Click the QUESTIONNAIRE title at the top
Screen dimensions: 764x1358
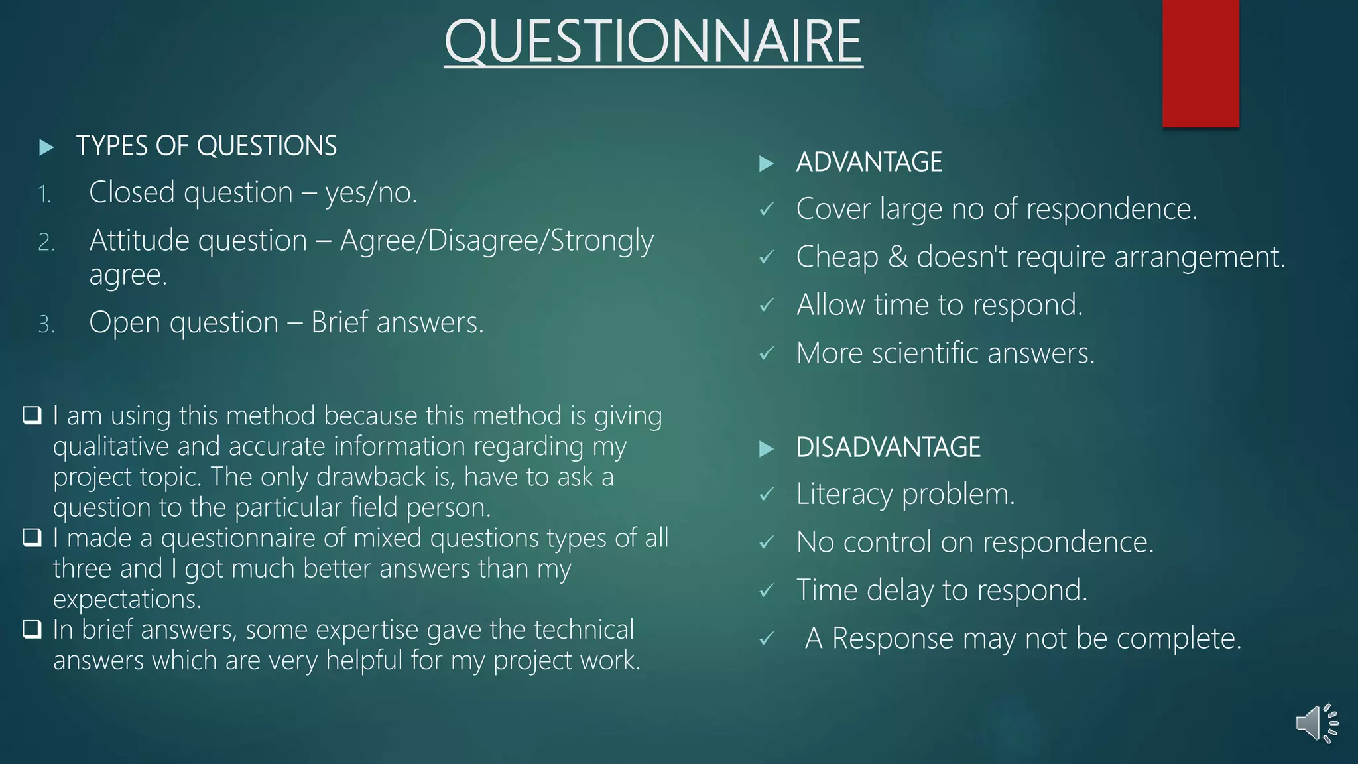click(x=653, y=41)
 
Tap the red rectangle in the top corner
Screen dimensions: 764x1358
click(x=1200, y=63)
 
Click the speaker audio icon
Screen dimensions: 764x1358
click(x=1316, y=723)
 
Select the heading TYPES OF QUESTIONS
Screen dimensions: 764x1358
click(x=206, y=146)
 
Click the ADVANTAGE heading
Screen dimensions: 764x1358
click(x=869, y=162)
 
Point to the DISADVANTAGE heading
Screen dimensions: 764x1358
click(x=888, y=448)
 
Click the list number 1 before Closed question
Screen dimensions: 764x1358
click(x=44, y=195)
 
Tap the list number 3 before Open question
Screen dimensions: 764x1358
click(x=46, y=324)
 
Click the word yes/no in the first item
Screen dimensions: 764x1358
click(x=371, y=193)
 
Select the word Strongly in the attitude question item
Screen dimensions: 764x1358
click(x=602, y=241)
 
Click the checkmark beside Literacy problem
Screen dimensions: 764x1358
click(x=767, y=495)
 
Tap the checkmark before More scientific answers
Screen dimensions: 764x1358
click(x=767, y=353)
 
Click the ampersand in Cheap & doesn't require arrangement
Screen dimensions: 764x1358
click(x=897, y=257)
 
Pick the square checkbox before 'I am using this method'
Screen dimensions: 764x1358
click(x=32, y=416)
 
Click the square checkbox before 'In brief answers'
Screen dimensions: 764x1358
click(x=32, y=629)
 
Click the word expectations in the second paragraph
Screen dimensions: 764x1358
click(x=126, y=599)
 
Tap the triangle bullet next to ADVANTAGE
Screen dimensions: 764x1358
click(x=766, y=164)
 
